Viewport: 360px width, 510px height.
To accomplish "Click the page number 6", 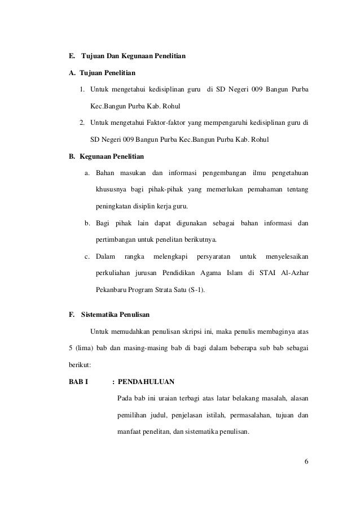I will click(306, 464).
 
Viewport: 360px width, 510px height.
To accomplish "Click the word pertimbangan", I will click(119, 239).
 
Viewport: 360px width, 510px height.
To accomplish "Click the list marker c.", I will click(87, 256).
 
